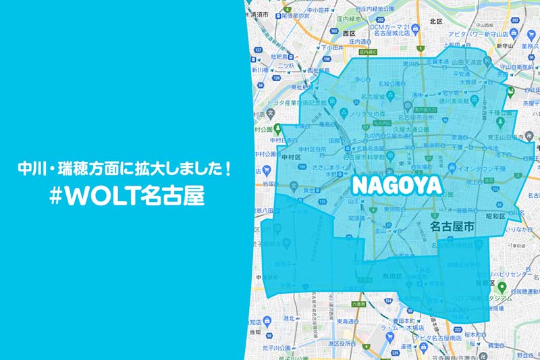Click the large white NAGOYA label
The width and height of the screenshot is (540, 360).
tap(396, 184)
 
